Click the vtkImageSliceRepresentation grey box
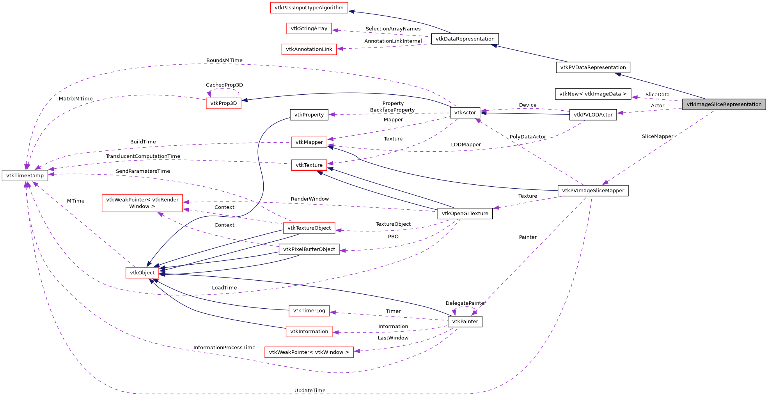[x=724, y=104]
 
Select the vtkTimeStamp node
[x=25, y=175]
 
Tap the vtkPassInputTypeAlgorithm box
[x=309, y=7]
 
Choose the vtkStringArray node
[x=309, y=28]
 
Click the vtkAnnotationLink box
[x=309, y=49]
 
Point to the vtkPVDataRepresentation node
[x=592, y=67]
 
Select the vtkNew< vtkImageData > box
[x=592, y=94]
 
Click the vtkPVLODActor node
[x=593, y=115]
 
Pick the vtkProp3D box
[x=223, y=103]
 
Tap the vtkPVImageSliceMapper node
[x=593, y=191]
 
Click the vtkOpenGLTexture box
[x=465, y=214]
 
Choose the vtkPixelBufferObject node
[x=309, y=249]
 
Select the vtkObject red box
[x=142, y=272]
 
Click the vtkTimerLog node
[x=309, y=311]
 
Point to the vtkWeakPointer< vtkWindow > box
[x=309, y=352]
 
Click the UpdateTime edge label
[x=310, y=390]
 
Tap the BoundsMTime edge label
[x=224, y=60]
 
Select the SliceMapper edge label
[x=657, y=136]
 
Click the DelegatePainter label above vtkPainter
[x=466, y=303]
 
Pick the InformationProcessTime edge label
[x=224, y=347]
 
